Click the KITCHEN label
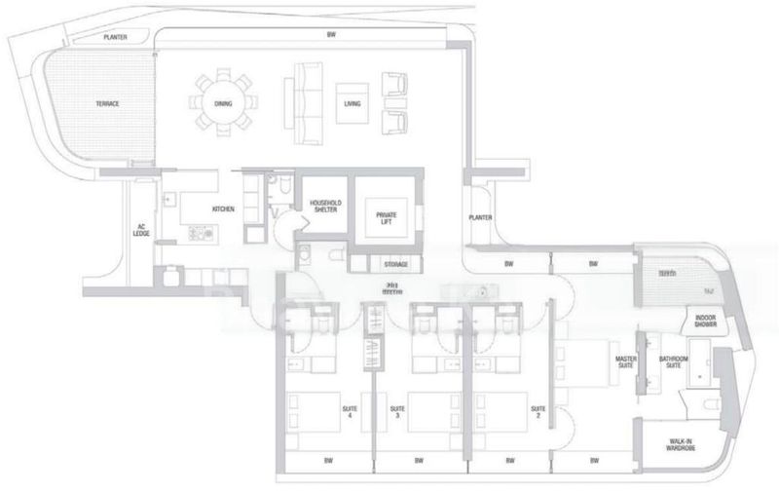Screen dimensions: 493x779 tap(224, 209)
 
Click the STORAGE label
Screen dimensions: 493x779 tap(395, 264)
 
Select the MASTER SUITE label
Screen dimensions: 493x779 tap(625, 362)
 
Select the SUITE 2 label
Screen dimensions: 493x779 tap(536, 412)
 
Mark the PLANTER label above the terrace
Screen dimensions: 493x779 tap(123, 36)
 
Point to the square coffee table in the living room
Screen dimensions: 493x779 tap(352, 103)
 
